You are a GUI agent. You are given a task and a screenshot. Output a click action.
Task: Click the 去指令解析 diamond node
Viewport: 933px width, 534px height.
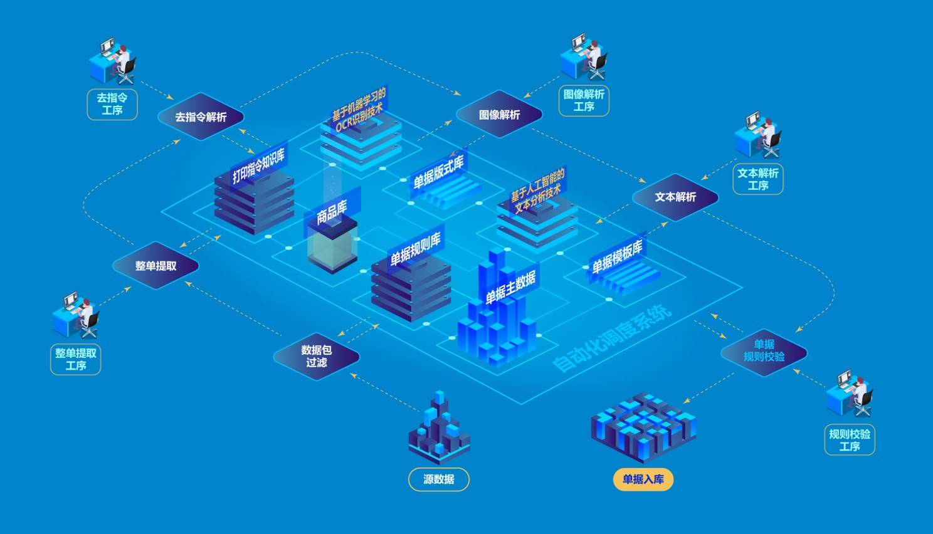[201, 117]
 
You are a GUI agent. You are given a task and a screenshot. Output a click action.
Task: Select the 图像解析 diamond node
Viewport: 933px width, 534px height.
[499, 115]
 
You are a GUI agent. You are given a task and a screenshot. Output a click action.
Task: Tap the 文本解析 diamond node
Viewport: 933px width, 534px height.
[675, 197]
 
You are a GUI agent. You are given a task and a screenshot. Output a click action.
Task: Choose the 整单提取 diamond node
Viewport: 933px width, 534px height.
[155, 266]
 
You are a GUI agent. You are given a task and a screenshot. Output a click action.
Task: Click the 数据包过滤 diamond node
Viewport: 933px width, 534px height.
[317, 356]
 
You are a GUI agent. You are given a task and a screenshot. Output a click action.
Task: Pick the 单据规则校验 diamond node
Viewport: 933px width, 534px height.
[764, 350]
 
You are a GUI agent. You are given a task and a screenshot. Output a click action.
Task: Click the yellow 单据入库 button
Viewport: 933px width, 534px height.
[643, 479]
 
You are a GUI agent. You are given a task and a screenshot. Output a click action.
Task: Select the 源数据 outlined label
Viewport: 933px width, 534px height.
[438, 479]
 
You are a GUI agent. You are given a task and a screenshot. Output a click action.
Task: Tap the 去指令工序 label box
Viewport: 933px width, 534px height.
[112, 104]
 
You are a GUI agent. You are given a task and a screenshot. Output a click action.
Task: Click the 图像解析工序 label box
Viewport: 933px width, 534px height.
[584, 100]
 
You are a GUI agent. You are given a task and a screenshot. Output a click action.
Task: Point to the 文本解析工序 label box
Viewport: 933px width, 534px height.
[757, 179]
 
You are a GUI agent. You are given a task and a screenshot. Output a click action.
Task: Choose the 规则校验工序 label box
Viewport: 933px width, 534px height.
[849, 440]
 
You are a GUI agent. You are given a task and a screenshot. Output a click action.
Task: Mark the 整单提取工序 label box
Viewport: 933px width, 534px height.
[76, 359]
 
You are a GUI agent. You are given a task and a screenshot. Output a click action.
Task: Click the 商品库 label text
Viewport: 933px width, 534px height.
[332, 212]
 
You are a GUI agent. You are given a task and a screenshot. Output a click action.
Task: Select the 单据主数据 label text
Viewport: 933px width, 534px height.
[510, 287]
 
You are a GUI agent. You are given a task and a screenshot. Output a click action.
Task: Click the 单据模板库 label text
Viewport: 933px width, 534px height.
[618, 256]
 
